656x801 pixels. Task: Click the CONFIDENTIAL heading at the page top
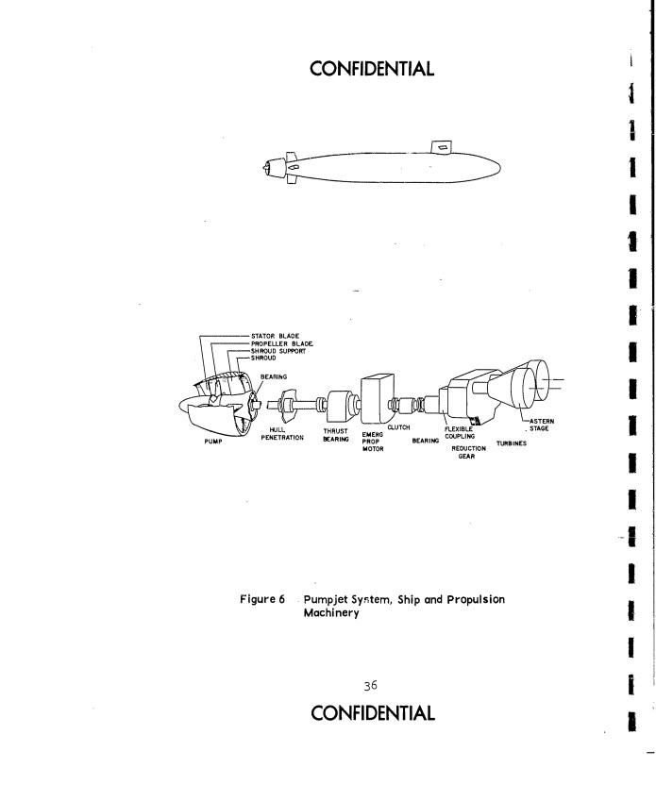click(x=372, y=69)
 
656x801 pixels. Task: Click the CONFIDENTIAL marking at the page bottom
click(x=373, y=713)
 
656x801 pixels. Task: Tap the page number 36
click(x=370, y=686)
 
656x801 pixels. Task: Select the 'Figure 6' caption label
click(x=262, y=599)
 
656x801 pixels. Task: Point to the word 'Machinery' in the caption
click(x=331, y=613)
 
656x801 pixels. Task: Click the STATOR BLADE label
click(x=275, y=336)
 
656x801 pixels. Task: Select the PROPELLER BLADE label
click(x=281, y=343)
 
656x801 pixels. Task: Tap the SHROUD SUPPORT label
click(x=278, y=351)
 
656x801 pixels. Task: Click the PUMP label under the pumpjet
click(x=213, y=442)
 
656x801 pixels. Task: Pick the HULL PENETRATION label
click(x=282, y=434)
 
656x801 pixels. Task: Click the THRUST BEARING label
click(x=336, y=435)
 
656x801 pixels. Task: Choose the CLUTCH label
click(x=398, y=427)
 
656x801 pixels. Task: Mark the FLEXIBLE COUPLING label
click(x=460, y=433)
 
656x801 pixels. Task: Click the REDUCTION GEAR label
click(x=468, y=452)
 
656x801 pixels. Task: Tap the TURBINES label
click(x=512, y=443)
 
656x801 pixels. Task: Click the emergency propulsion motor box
click(x=377, y=398)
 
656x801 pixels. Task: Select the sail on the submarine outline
click(x=442, y=147)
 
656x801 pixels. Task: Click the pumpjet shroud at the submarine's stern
click(x=277, y=168)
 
